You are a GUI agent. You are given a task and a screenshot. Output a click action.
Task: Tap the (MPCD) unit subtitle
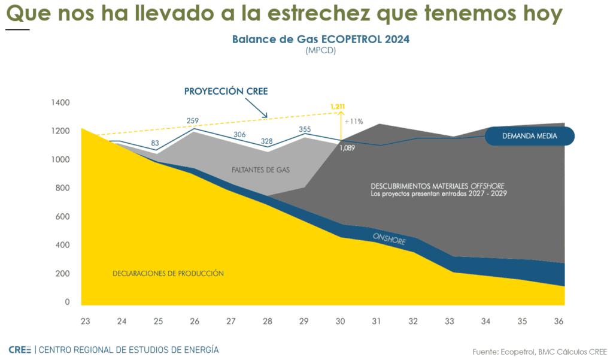tap(320, 51)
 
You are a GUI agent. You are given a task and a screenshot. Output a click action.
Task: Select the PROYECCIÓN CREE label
tap(226, 92)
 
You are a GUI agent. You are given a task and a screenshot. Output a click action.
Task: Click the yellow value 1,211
tap(338, 107)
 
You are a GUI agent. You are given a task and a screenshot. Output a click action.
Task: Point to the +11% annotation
tap(354, 121)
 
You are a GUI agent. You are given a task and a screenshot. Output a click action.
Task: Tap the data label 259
tap(193, 121)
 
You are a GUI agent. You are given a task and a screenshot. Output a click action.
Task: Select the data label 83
tap(155, 143)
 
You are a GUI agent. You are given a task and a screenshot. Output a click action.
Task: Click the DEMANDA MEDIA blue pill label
tap(529, 136)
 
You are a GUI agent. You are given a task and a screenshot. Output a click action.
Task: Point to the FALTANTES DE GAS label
tap(260, 170)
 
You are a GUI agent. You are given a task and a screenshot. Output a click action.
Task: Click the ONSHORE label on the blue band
tap(389, 238)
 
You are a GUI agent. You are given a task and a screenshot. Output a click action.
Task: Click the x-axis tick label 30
tap(341, 322)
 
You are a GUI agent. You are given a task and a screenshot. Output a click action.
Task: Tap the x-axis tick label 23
tap(86, 322)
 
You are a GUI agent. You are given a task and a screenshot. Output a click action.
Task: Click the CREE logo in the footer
tap(20, 349)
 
